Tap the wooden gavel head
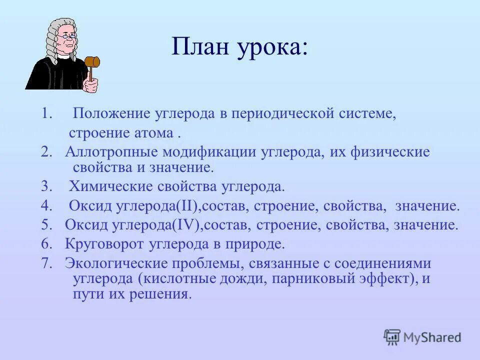(92, 62)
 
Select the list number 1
(46, 113)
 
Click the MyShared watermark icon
(392, 337)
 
